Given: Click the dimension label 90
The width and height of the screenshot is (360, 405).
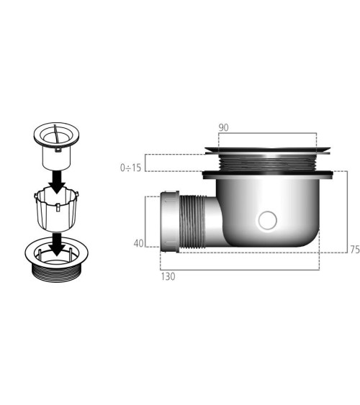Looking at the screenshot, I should click(x=223, y=127).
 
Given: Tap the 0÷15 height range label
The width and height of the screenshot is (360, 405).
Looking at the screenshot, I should click(x=132, y=167).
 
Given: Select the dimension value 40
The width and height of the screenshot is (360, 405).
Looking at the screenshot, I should click(x=138, y=243).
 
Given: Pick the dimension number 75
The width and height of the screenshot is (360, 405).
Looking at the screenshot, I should click(x=354, y=249).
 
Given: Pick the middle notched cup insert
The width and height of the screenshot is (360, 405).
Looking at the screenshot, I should click(x=55, y=209).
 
